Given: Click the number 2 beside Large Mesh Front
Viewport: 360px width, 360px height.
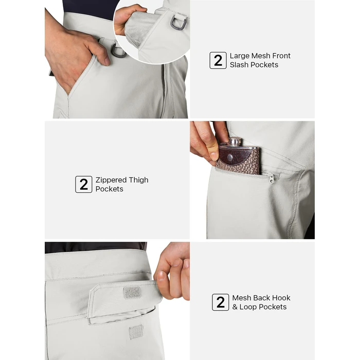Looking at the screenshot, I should point(218,60).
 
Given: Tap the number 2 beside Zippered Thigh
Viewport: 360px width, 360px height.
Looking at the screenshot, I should point(84,184).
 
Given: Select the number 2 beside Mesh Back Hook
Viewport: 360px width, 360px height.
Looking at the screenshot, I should point(221,302).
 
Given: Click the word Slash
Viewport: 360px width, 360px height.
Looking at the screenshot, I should point(240,65).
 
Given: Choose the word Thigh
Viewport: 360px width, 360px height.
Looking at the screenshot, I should point(138,180).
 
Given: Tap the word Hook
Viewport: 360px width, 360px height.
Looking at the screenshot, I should point(281,298).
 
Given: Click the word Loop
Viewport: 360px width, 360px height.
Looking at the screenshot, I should point(249,307).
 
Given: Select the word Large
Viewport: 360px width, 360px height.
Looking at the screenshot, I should point(239,56).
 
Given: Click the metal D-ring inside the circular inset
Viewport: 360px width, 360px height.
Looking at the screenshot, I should point(177,24).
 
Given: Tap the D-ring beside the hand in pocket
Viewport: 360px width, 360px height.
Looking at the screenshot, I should point(118,50).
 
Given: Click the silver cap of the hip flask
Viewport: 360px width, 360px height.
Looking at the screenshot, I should point(235,141).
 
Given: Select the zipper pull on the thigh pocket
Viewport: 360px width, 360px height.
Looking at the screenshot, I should point(271,178).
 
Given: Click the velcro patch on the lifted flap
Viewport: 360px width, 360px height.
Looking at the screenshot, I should point(132,293).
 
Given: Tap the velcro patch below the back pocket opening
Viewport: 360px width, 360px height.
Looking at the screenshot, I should point(136,332).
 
